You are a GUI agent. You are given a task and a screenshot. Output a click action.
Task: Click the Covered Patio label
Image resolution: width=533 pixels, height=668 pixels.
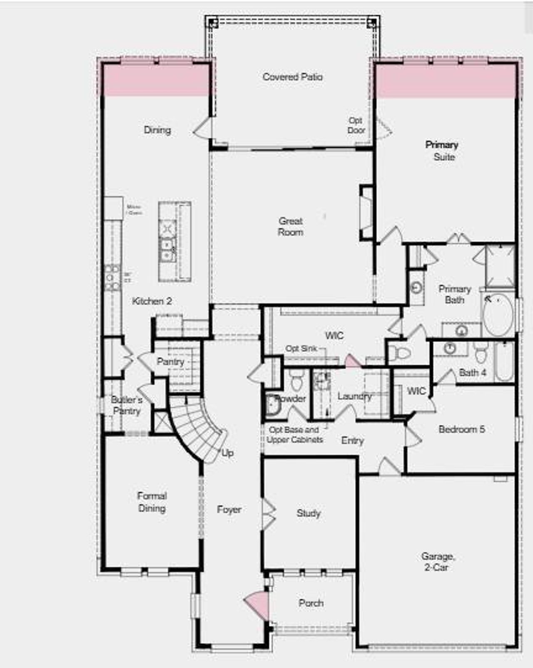coord(292,77)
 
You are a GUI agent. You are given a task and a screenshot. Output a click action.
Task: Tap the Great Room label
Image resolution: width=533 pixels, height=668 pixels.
coord(291,227)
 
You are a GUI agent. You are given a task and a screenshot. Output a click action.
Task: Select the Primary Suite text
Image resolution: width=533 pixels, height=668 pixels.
coord(442,151)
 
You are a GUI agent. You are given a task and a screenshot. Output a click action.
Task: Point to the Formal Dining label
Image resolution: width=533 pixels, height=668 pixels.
coord(152,502)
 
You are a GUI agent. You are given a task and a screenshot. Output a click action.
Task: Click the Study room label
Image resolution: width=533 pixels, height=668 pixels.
coord(309,513)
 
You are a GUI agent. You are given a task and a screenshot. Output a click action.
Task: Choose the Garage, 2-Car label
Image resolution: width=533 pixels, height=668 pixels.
coord(437,562)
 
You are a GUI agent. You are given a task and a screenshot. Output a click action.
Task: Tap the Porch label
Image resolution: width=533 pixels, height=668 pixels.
coord(311,603)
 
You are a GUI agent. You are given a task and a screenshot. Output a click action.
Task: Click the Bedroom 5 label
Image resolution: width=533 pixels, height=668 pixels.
coord(462,429)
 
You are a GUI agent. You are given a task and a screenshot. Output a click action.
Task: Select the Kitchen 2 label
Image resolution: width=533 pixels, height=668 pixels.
coord(152,301)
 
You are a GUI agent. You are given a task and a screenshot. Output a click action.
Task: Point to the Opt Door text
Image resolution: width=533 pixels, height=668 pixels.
coord(356,125)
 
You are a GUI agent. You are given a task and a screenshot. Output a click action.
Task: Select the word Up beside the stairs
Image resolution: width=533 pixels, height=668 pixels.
coord(227,453)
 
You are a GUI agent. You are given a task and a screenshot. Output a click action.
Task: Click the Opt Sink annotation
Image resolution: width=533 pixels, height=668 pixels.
coord(301,349)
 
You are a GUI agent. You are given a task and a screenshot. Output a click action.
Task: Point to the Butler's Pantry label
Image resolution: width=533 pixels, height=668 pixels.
coord(127,405)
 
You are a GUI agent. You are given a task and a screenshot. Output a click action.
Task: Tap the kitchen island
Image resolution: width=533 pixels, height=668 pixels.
coord(175,241)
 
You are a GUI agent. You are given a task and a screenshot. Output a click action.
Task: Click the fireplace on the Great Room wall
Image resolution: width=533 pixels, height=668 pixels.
coord(366,213)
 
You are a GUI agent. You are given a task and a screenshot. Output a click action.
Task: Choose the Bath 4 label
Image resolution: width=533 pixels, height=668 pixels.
coord(473,373)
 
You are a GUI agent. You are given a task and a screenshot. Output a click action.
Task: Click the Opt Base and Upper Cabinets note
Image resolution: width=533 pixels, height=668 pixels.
coord(295,435)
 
